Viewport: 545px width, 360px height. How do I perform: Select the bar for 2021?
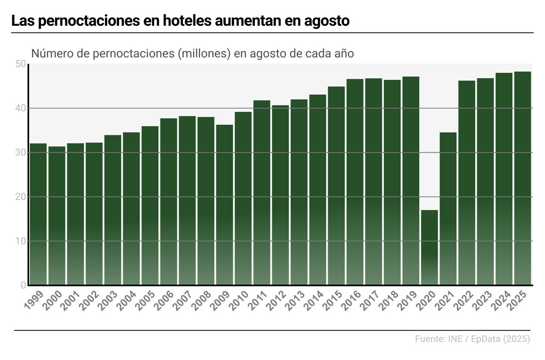(448, 209)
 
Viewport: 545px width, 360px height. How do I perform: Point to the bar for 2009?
(224, 205)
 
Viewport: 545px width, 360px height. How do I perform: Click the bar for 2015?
(336, 186)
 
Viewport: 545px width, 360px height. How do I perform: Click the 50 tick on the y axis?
(20, 64)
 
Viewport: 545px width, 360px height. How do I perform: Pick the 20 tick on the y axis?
(20, 197)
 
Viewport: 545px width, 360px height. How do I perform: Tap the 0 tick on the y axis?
(22, 285)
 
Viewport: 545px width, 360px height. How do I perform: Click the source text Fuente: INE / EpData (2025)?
(472, 339)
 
